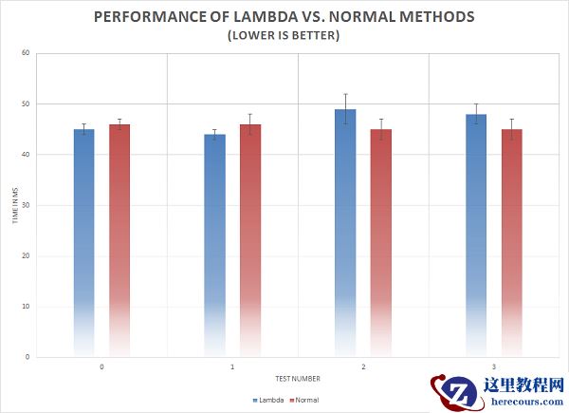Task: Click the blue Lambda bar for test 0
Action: (x=83, y=237)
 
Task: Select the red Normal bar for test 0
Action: (x=119, y=237)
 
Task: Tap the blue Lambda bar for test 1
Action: (x=214, y=237)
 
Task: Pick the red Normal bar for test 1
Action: (x=250, y=237)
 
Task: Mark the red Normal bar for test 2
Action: (x=380, y=237)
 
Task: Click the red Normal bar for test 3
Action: (x=511, y=237)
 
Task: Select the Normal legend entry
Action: (x=303, y=400)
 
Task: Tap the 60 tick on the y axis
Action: (x=27, y=53)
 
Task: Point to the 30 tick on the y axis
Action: (x=27, y=205)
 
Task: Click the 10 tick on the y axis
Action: (x=27, y=307)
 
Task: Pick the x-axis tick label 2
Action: (x=363, y=366)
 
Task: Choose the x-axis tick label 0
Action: (x=101, y=366)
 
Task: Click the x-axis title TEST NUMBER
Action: (x=284, y=378)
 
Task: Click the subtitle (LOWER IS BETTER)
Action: (x=284, y=35)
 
